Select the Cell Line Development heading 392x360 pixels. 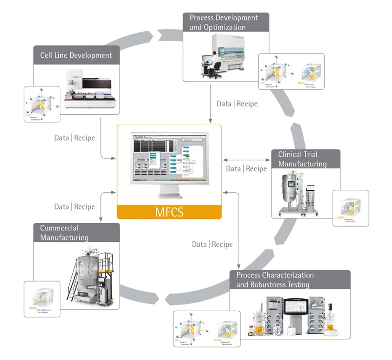(76, 55)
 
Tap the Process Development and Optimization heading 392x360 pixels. (224, 22)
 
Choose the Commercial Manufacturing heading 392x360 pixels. (65, 233)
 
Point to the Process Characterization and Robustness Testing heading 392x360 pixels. (275, 280)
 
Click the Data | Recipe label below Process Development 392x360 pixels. (237, 104)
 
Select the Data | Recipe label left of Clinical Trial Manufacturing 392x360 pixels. (246, 169)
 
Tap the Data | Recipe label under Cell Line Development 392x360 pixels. (75, 138)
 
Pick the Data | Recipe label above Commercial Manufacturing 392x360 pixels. (75, 207)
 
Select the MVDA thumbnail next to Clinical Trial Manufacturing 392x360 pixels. (351, 208)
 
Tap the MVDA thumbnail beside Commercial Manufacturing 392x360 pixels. (42, 300)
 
